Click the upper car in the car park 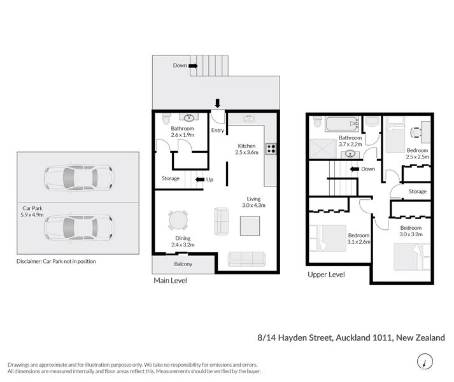click(78, 178)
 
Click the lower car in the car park click(78, 227)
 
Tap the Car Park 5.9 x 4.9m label click(32, 211)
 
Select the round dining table click(178, 220)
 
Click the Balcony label click(183, 264)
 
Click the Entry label click(218, 131)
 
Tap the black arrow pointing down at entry click(218, 104)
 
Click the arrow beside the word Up click(199, 180)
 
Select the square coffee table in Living click(250, 225)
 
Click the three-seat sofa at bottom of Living click(247, 259)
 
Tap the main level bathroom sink click(187, 118)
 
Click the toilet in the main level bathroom click(166, 119)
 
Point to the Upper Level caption click(326, 274)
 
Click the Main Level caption click(170, 280)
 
